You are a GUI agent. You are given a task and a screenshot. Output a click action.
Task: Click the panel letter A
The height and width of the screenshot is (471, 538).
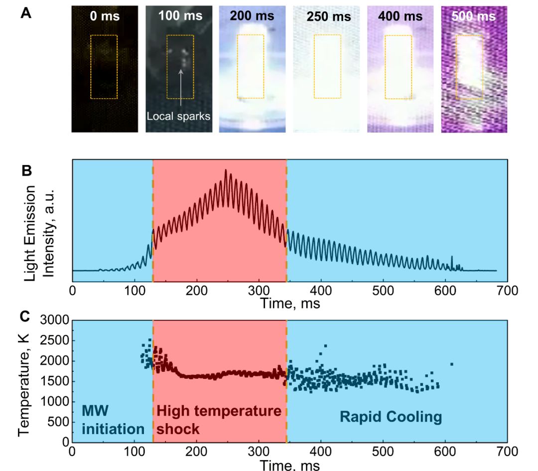(26, 13)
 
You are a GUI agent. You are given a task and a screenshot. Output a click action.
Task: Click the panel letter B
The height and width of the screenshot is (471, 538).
(26, 170)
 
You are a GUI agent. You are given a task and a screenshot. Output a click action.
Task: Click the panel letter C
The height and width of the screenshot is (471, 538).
(26, 316)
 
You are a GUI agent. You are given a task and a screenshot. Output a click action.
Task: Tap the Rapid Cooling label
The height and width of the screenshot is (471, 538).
(391, 417)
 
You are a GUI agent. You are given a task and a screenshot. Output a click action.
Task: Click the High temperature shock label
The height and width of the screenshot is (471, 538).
(219, 420)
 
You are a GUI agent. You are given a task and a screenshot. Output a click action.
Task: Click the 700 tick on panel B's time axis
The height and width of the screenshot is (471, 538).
(507, 290)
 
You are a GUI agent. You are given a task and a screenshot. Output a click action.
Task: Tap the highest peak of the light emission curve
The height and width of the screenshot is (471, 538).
(226, 170)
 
